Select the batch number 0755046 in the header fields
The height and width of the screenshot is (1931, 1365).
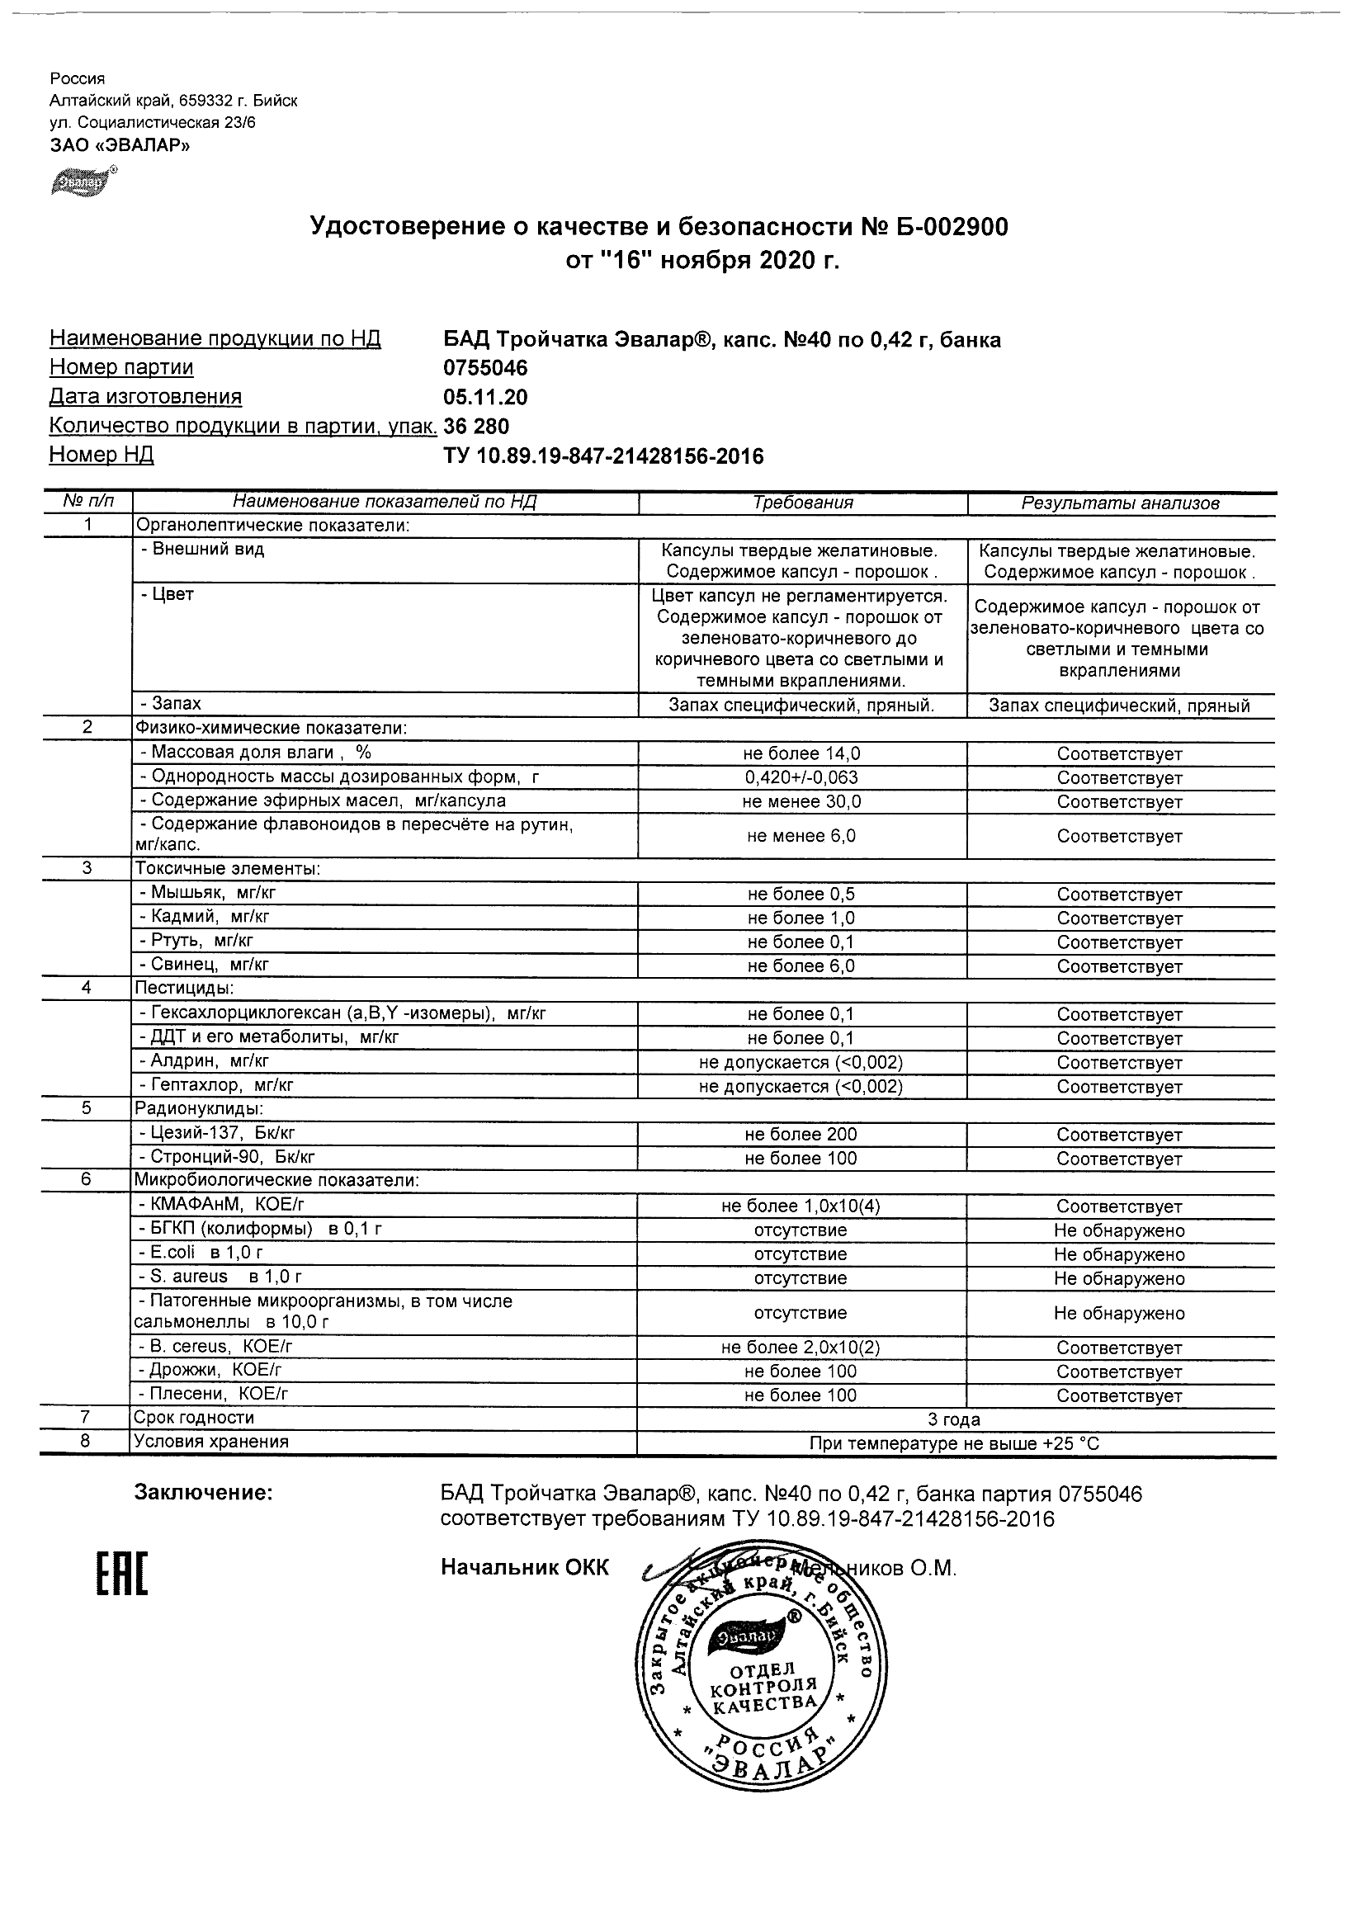pos(485,368)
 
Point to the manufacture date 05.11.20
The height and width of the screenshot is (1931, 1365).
pos(485,397)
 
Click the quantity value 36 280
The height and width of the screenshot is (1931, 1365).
pos(476,426)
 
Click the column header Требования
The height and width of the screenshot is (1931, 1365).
pos(802,503)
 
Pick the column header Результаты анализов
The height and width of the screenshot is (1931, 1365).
pos(1119,503)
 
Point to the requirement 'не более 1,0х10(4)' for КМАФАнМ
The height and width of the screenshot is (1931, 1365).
pos(801,1206)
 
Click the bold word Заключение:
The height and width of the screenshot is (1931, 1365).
pos(204,1493)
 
